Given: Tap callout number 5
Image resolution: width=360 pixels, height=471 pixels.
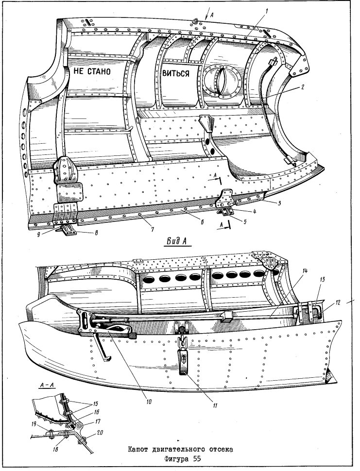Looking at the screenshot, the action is point(245,222).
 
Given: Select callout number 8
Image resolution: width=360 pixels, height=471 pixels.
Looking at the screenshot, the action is point(96,232).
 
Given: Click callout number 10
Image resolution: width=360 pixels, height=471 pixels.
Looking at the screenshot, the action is point(149,402).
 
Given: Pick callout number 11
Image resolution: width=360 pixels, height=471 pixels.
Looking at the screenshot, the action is point(215,405).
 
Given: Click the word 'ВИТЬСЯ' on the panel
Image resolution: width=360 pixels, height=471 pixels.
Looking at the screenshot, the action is point(176,73).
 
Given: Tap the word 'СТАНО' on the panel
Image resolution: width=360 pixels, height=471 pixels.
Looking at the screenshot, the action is point(100,71).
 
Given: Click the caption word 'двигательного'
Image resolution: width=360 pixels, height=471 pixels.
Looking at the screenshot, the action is point(178,450).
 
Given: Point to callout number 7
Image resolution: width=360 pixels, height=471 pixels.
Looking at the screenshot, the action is point(153,230).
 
